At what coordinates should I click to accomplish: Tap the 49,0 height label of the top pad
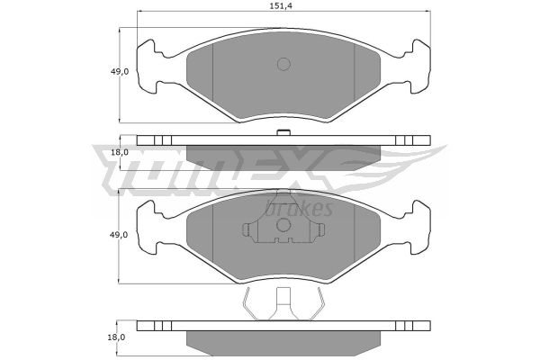(x=120, y=72)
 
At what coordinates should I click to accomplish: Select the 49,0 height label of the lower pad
(x=119, y=235)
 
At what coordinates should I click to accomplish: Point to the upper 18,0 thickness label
(x=120, y=152)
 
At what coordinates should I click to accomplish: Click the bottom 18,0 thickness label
(x=116, y=337)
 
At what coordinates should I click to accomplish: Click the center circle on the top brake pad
(x=283, y=64)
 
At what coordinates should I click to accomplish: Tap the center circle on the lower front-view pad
(x=283, y=225)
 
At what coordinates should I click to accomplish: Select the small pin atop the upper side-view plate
(x=283, y=132)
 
